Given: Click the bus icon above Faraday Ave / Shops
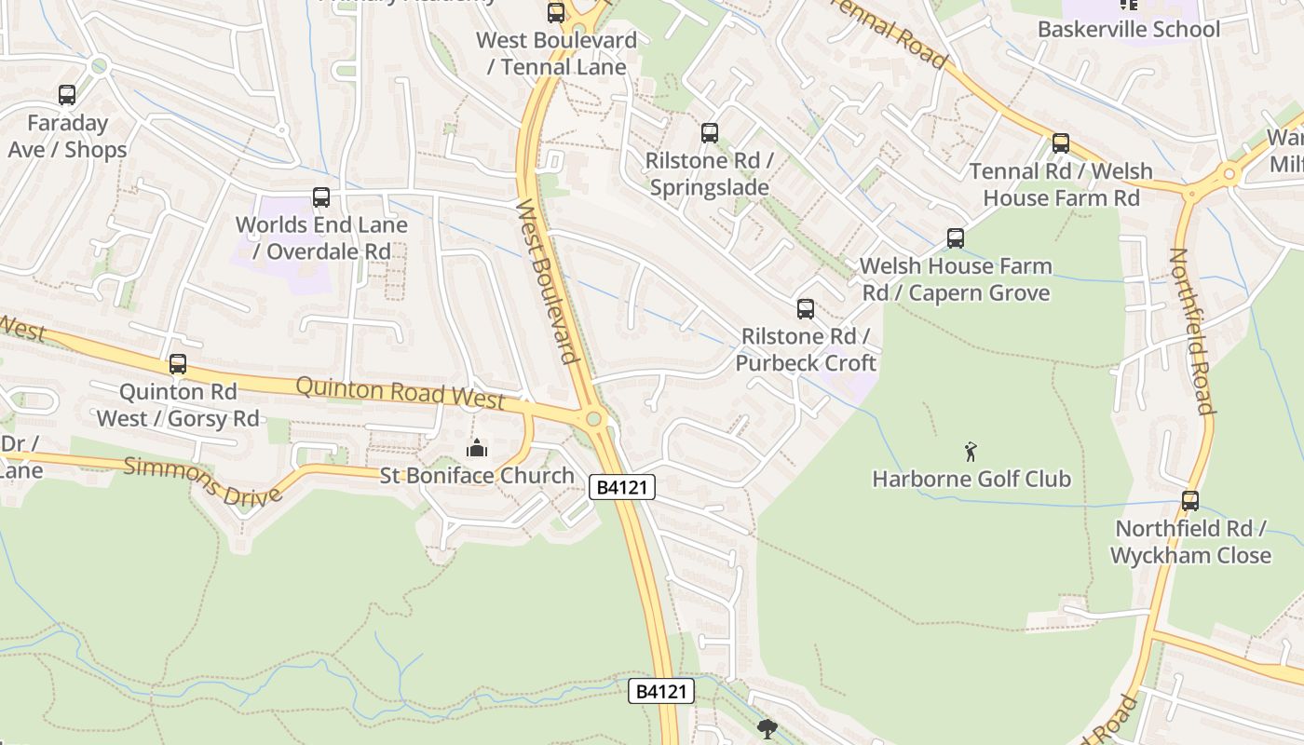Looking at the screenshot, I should pyautogui.click(x=66, y=95).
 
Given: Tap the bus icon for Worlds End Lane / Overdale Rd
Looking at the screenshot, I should pyautogui.click(x=321, y=197).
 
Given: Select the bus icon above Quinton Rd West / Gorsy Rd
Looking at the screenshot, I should pyautogui.click(x=178, y=364).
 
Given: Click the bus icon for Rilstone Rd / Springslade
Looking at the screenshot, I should pyautogui.click(x=710, y=133).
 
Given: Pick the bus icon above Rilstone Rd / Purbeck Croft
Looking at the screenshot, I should pyautogui.click(x=806, y=309).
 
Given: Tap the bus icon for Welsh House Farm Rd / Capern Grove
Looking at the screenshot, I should pyautogui.click(x=956, y=238).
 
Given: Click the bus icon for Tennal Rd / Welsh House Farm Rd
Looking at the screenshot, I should pyautogui.click(x=1061, y=143).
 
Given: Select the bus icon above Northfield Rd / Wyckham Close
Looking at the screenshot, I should pyautogui.click(x=1190, y=501).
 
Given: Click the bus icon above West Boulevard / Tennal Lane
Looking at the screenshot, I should pyautogui.click(x=556, y=13).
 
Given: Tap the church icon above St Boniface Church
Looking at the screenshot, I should pyautogui.click(x=477, y=449).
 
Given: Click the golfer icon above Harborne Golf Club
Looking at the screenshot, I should pyautogui.click(x=971, y=453).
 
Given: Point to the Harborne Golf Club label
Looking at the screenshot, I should pyautogui.click(x=971, y=480).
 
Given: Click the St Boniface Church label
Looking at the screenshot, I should pyautogui.click(x=477, y=476).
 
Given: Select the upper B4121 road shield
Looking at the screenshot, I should pyautogui.click(x=622, y=487).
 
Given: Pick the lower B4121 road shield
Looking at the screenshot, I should pyautogui.click(x=661, y=691).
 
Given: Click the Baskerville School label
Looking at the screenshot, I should pyautogui.click(x=1128, y=29).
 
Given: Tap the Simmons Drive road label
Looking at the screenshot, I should pyautogui.click(x=202, y=481).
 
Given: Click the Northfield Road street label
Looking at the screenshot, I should pyautogui.click(x=1191, y=331).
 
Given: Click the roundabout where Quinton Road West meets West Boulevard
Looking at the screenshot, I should pyautogui.click(x=594, y=419).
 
